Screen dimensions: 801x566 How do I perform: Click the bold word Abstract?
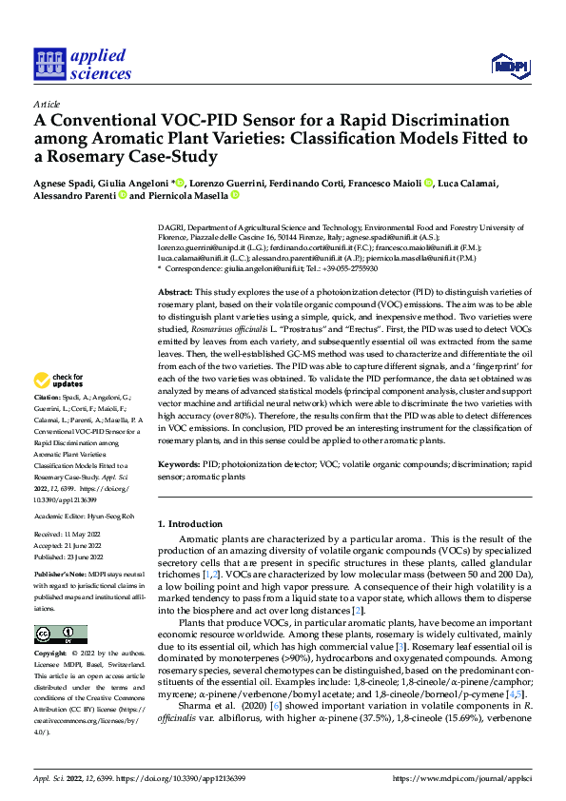(x=176, y=292)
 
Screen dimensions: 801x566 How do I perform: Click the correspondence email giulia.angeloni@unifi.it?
(x=261, y=269)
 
